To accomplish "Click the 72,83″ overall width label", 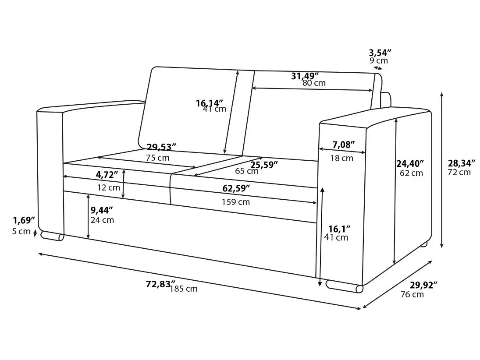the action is click(x=160, y=284).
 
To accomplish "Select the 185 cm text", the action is click(x=184, y=289).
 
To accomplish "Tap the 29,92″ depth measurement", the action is click(x=423, y=285).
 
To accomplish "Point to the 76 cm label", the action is click(x=412, y=294).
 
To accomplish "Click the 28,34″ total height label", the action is click(x=462, y=163).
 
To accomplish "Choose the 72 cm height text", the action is click(x=459, y=172).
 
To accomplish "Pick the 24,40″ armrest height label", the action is click(x=410, y=164).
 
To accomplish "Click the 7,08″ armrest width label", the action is click(x=343, y=144).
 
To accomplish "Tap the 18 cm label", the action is click(x=341, y=158).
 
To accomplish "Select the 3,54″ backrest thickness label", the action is click(x=380, y=52).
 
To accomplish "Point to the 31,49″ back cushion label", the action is click(x=305, y=76).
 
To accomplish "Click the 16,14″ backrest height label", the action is click(x=210, y=103).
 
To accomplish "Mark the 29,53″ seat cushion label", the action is click(x=161, y=147).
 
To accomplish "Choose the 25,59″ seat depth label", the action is click(x=264, y=165).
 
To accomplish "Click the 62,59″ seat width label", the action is click(x=236, y=188).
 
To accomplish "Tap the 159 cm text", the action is click(x=235, y=202).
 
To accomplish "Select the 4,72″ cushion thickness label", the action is click(x=107, y=175).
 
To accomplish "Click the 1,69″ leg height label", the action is click(x=23, y=219).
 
